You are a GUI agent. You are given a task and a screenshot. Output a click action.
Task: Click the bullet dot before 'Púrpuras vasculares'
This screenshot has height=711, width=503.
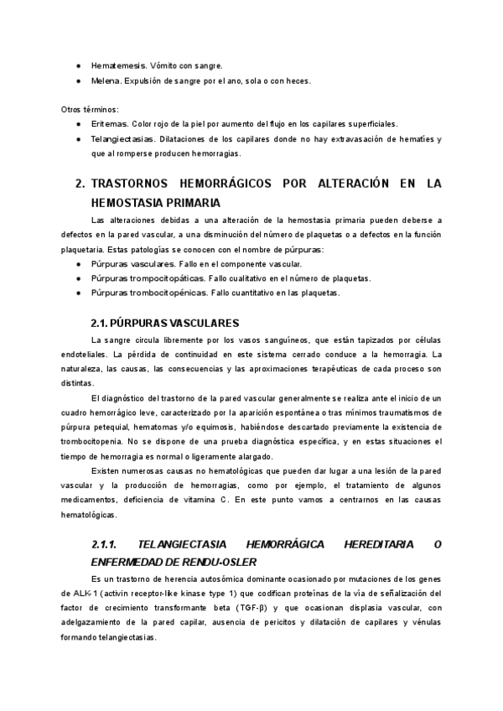pyautogui.click(x=78, y=263)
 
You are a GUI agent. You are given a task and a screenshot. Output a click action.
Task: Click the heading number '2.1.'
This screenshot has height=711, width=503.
pyautogui.click(x=101, y=323)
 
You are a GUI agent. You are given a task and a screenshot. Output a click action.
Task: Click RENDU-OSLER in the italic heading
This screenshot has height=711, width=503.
pyautogui.click(x=217, y=561)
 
